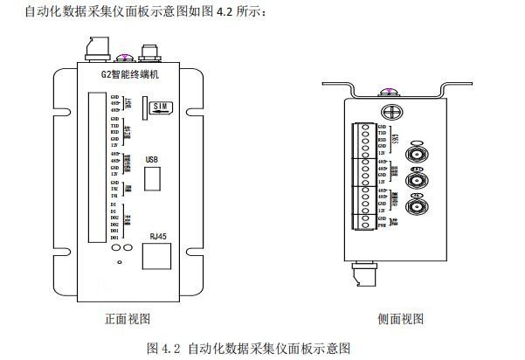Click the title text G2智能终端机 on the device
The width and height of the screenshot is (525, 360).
[x=130, y=76]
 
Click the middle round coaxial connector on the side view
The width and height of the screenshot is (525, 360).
[x=418, y=181]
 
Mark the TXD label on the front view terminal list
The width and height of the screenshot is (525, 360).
[x=114, y=125]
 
